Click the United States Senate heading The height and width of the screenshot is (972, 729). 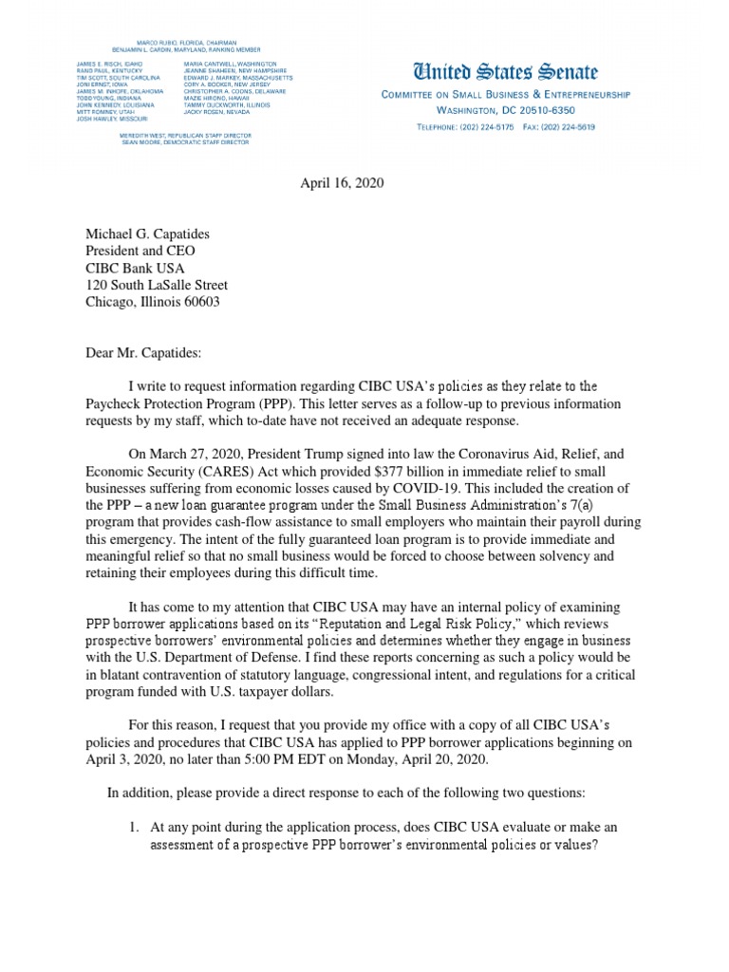(x=504, y=72)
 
